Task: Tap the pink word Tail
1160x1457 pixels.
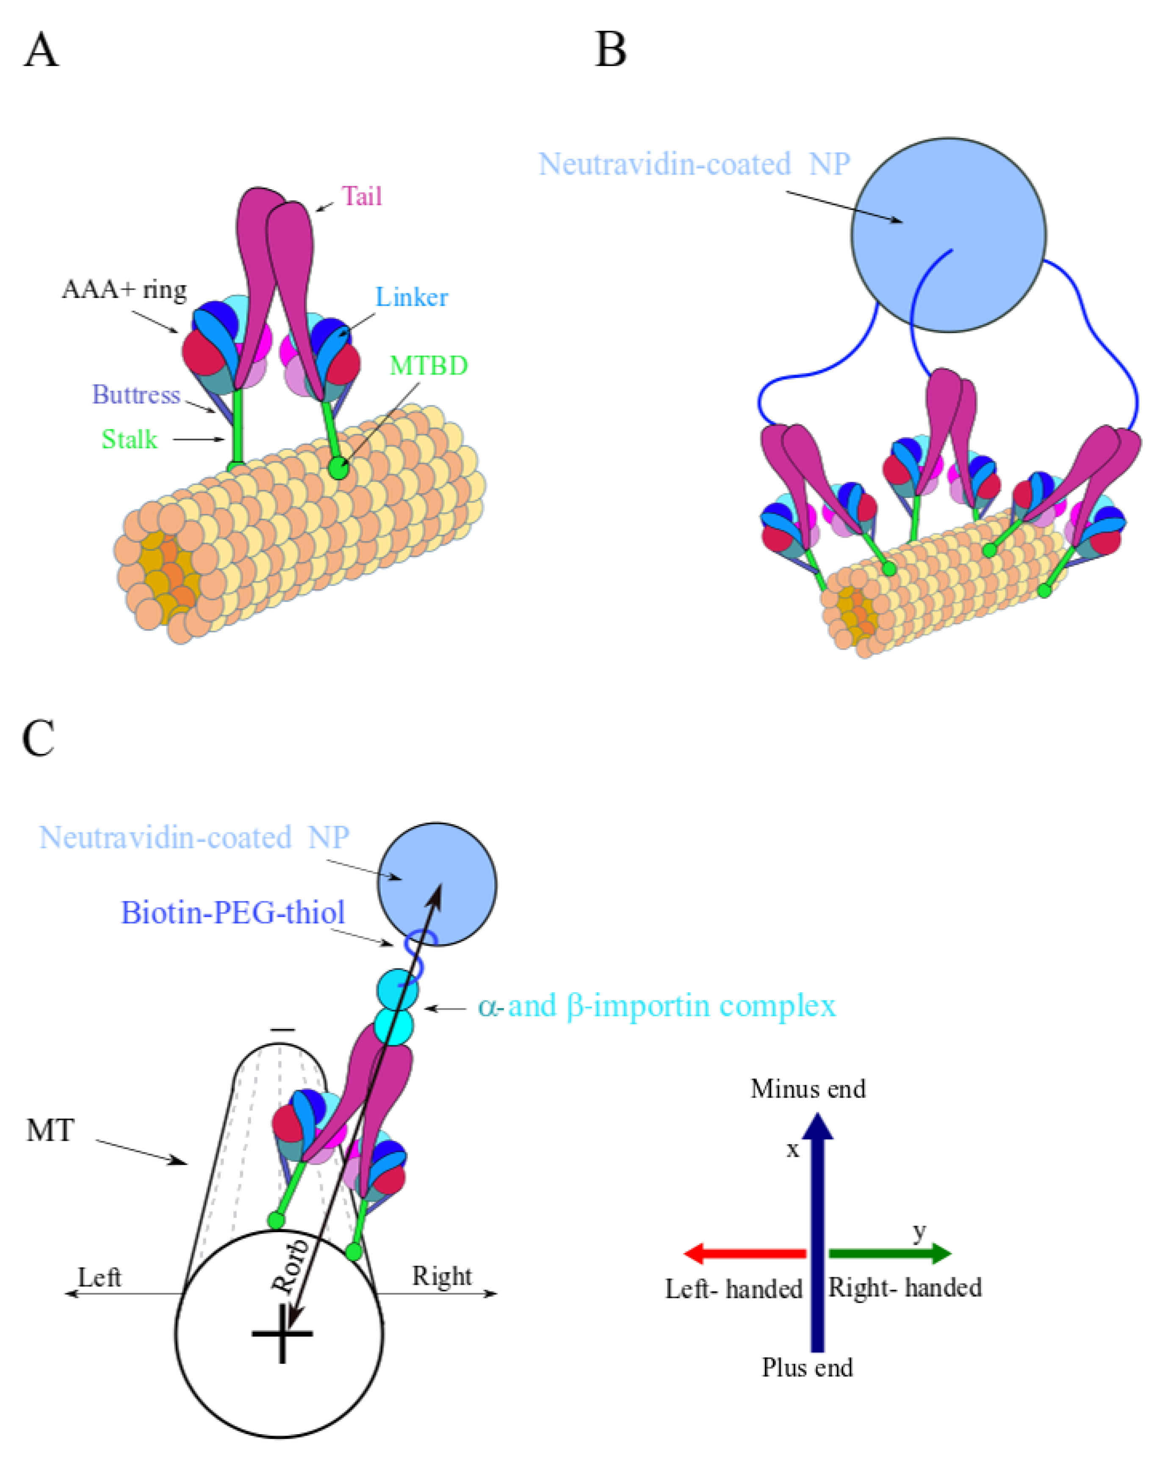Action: (362, 197)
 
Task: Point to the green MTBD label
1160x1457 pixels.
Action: (429, 366)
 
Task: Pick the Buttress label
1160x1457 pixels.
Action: (136, 395)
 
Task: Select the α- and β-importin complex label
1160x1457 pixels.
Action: (656, 1006)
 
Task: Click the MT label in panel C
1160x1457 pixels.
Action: (50, 1131)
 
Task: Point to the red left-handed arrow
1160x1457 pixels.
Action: (744, 1253)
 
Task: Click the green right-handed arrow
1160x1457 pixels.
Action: (889, 1253)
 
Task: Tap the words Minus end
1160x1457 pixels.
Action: (807, 1090)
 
